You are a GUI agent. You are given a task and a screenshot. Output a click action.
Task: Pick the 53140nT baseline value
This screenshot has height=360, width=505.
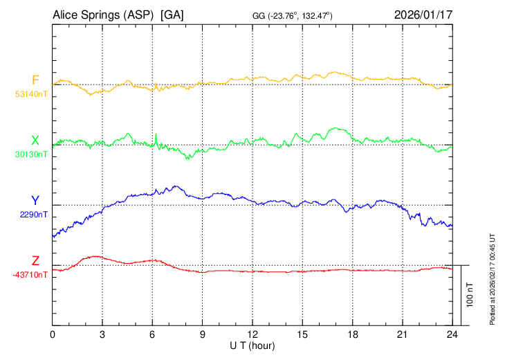(31, 93)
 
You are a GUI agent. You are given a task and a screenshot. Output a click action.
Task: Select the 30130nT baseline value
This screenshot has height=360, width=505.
(31, 154)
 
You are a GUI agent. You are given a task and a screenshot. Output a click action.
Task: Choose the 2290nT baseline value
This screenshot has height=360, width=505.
(34, 214)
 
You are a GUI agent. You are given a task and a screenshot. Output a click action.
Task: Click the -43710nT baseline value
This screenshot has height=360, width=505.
(30, 274)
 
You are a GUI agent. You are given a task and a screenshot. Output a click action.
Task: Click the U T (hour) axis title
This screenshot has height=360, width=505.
(252, 345)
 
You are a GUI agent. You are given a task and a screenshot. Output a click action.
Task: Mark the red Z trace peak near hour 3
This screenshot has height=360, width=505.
(95, 256)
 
